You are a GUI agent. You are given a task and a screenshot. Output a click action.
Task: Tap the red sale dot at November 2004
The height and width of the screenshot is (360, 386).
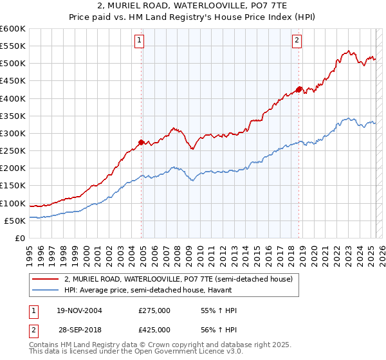(x=142, y=142)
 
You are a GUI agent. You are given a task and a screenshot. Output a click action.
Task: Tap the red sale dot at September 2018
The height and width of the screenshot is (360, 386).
(x=299, y=89)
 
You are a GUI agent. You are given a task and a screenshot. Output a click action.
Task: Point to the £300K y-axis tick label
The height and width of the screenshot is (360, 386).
(x=12, y=133)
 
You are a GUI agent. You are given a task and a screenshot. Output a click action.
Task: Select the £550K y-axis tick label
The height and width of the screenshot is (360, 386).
(x=12, y=46)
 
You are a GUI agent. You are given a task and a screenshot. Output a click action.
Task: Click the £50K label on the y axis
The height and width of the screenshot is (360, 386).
(x=15, y=221)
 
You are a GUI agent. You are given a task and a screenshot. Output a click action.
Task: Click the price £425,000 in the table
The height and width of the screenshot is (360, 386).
(x=154, y=328)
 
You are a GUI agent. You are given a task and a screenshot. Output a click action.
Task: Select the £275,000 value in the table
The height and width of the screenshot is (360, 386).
(x=154, y=310)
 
